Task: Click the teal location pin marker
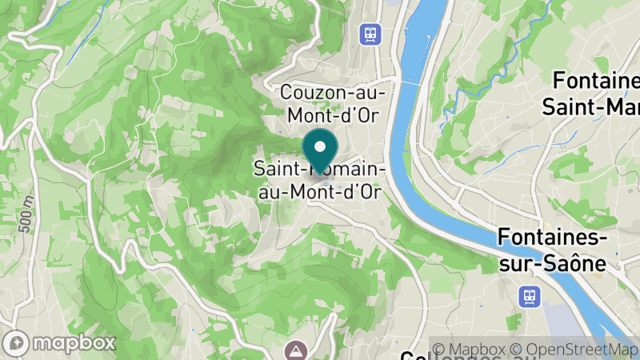point(320,150)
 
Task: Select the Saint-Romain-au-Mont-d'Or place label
point(320,180)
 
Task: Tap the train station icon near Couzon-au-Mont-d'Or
point(370,34)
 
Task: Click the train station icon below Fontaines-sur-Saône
point(529,295)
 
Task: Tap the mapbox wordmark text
point(76,342)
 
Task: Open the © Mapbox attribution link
point(473,349)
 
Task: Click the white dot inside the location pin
point(320,146)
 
